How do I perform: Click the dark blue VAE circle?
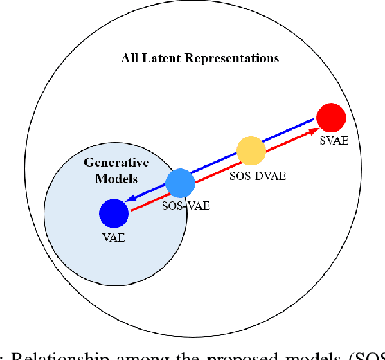click(x=114, y=213)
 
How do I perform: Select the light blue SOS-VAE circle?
click(x=181, y=183)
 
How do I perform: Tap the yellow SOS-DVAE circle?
click(x=250, y=150)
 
